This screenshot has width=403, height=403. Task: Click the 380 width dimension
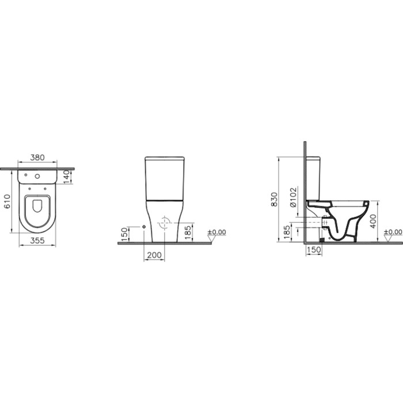(x=37, y=157)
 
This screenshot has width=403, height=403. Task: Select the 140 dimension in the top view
(x=66, y=177)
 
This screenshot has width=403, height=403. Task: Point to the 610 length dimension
(x=7, y=201)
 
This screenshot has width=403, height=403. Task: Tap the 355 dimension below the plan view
(x=37, y=241)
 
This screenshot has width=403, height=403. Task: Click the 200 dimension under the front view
(x=154, y=255)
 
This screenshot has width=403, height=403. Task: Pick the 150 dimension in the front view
(x=124, y=234)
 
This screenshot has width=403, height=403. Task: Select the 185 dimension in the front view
(x=188, y=232)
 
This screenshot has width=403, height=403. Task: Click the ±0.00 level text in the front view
(x=217, y=232)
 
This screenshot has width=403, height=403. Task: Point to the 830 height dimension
(x=275, y=199)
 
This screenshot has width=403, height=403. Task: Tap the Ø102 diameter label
(x=293, y=197)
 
